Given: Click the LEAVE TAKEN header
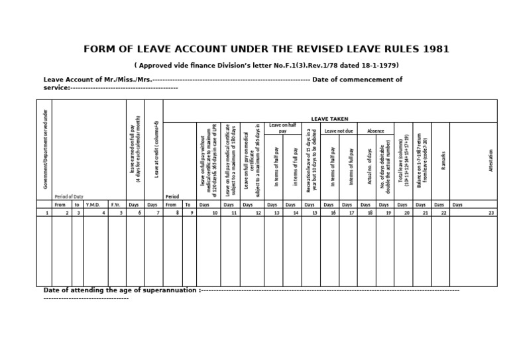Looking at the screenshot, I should pyautogui.click(x=329, y=119).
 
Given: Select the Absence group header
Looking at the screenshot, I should pyautogui.click(x=375, y=131).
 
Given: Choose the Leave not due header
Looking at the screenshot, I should pyautogui.click(x=339, y=131).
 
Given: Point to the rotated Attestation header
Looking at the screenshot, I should pyautogui.click(x=491, y=160).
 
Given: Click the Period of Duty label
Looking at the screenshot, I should pyautogui.click(x=69, y=197).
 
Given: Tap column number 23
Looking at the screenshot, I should pyautogui.click(x=491, y=213).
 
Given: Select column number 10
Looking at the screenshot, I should pyautogui.click(x=215, y=213).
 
